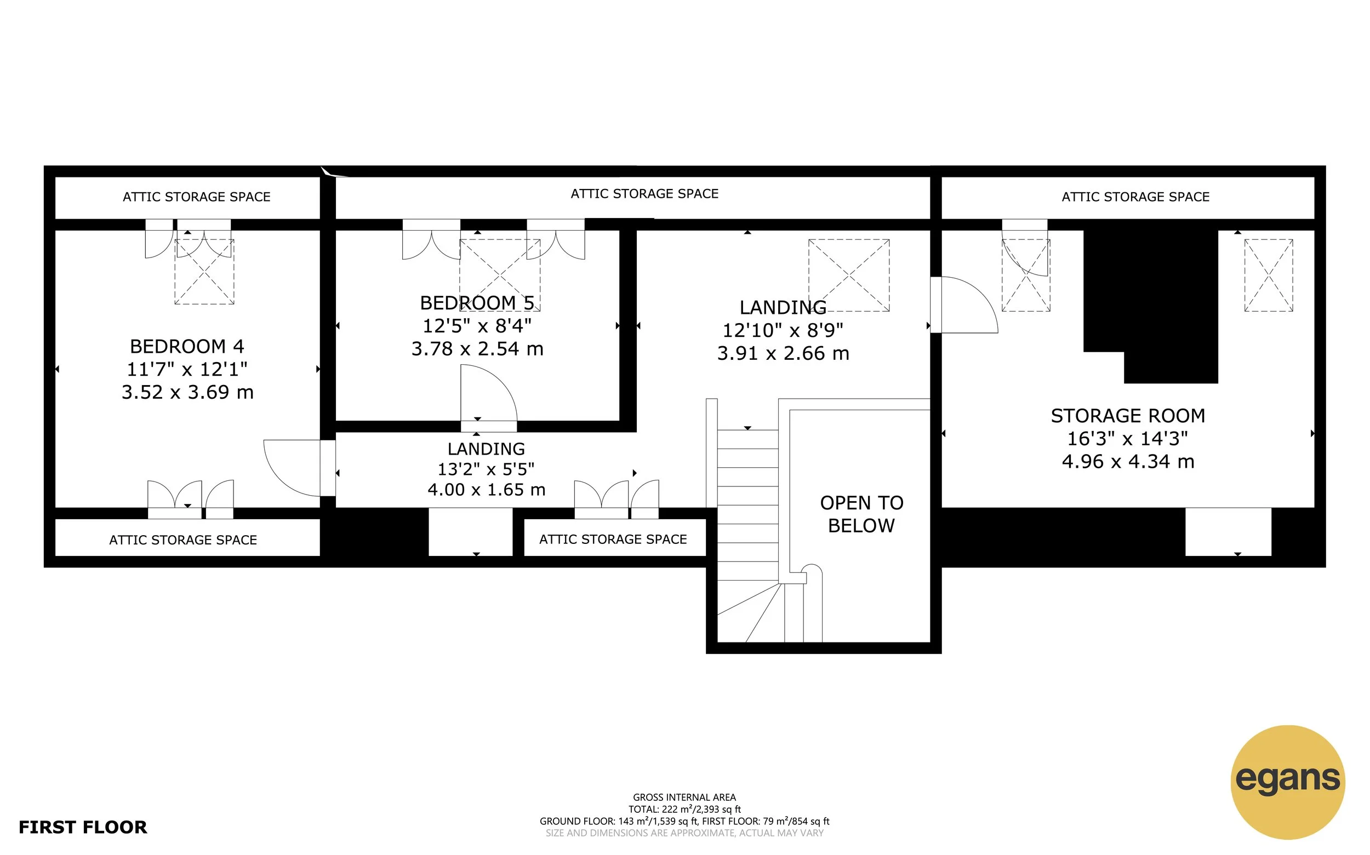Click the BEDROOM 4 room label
tap(187, 346)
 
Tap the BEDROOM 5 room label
tap(477, 303)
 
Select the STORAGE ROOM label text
tap(1127, 416)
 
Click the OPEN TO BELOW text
tap(861, 514)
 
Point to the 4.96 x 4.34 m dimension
tap(1127, 461)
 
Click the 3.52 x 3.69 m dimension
tap(187, 392)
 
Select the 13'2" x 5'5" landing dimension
tap(486, 469)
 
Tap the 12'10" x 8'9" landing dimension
tap(783, 330)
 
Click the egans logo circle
tap(1287, 782)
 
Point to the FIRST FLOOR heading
tap(83, 827)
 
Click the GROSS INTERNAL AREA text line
tap(684, 797)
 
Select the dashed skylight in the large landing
tap(848, 276)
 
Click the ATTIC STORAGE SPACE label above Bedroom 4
tap(196, 197)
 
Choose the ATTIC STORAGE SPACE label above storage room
tap(1135, 197)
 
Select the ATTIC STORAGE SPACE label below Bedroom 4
tap(182, 540)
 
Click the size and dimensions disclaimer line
tap(684, 833)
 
